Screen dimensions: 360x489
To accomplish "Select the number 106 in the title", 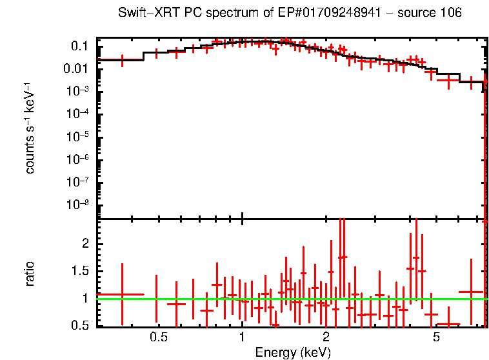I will pyautogui.click(x=450, y=13).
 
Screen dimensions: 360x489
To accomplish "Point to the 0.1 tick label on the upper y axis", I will pyautogui.click(x=80, y=46).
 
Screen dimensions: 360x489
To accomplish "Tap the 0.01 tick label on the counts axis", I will pyautogui.click(x=77, y=69).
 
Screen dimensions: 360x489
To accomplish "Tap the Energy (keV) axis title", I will pyautogui.click(x=293, y=352).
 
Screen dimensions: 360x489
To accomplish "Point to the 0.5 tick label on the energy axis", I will pyautogui.click(x=158, y=337).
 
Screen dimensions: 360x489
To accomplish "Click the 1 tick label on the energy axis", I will pyautogui.click(x=242, y=337).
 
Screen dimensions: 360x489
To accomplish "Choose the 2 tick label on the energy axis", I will pyautogui.click(x=326, y=337).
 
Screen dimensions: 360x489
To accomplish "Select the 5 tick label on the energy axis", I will pyautogui.click(x=437, y=337).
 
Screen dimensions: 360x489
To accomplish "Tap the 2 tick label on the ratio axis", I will pyautogui.click(x=86, y=243).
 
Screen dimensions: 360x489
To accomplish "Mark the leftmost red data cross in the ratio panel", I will pyautogui.click(x=121, y=294).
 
